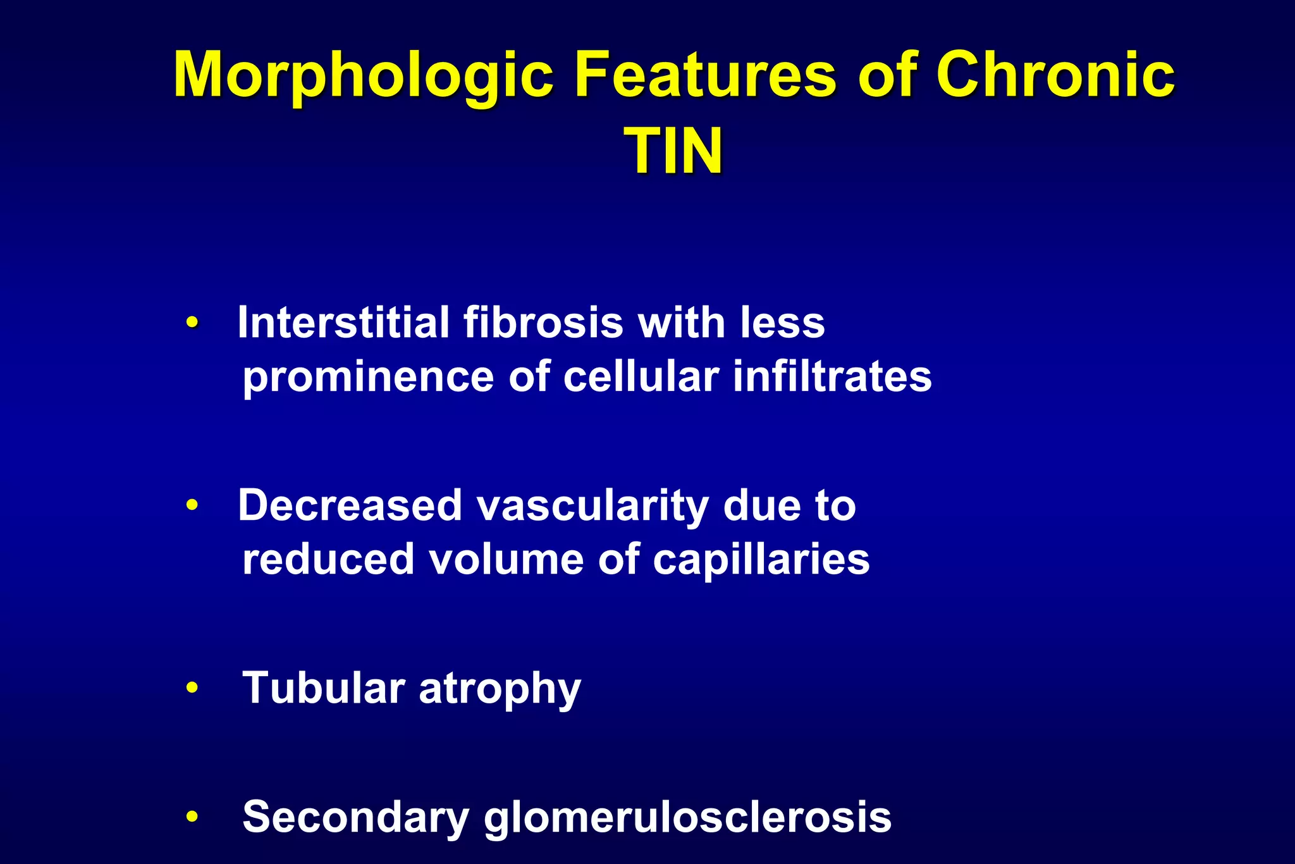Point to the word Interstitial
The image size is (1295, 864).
pos(343,323)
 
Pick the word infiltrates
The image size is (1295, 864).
pos(832,377)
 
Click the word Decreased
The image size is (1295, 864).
pos(350,506)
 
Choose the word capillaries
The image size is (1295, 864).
pos(761,560)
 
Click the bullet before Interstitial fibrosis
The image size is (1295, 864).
pos(192,323)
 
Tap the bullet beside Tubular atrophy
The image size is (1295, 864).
pos(192,688)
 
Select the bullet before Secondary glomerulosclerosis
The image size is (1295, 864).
pos(192,817)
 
